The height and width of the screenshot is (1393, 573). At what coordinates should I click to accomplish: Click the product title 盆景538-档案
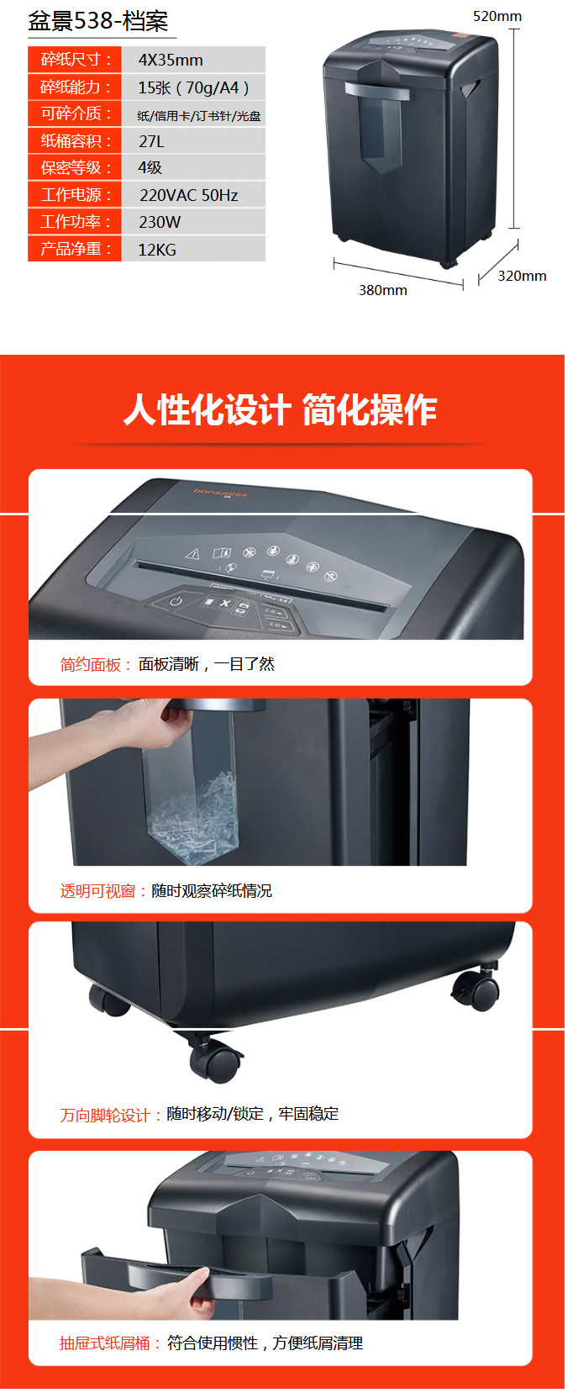[x=98, y=21]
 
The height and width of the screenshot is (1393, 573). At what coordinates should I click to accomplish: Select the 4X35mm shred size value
[x=171, y=60]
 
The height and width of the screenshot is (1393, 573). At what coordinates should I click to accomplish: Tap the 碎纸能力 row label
[x=75, y=87]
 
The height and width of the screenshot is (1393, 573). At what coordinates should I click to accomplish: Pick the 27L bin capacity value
[x=151, y=141]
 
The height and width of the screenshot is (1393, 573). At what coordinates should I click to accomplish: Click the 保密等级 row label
[x=75, y=167]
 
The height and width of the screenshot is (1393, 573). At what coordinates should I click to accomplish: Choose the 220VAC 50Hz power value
[x=188, y=195]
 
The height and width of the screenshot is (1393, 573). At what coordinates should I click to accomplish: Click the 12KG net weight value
[x=157, y=250]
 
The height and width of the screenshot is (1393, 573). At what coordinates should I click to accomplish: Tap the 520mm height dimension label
[x=497, y=16]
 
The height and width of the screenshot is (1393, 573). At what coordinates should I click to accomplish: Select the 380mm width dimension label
[x=382, y=290]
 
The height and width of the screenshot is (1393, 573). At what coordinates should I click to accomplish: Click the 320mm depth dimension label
[x=522, y=276]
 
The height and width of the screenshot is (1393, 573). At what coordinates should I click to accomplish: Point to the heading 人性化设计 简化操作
[x=280, y=409]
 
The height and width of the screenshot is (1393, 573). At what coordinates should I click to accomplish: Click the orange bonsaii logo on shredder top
[x=220, y=493]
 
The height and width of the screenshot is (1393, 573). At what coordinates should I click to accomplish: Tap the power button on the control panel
[x=176, y=601]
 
